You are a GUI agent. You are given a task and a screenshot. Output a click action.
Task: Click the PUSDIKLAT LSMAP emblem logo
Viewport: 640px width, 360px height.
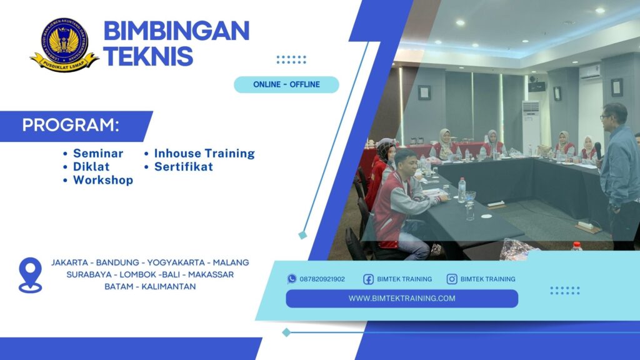[64, 44]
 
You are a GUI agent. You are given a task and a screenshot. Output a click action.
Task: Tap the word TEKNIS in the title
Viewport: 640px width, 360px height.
[148, 56]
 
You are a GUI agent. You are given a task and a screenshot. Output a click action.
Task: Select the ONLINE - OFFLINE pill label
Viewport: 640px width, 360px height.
[286, 84]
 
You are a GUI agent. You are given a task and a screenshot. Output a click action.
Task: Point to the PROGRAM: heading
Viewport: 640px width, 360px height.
[71, 125]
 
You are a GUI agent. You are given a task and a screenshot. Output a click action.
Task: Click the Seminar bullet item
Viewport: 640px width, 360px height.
[98, 153]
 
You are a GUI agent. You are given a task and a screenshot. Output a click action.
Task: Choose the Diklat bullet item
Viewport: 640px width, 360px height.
[91, 167]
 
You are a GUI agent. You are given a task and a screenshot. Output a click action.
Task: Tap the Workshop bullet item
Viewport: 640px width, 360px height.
[102, 181]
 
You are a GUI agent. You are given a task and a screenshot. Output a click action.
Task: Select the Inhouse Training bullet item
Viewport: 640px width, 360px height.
[204, 153]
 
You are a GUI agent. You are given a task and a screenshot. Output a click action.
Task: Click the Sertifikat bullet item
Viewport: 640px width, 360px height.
[183, 167]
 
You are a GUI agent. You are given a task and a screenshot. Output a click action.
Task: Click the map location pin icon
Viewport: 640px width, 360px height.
[30, 275]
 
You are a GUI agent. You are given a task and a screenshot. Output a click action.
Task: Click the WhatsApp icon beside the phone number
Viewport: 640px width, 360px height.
[292, 279]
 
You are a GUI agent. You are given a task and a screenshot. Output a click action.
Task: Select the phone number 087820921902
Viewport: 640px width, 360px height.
[322, 279]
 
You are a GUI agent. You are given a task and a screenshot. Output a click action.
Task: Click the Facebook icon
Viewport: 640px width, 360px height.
[369, 279]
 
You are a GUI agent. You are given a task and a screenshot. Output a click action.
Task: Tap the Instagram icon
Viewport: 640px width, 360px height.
[452, 279]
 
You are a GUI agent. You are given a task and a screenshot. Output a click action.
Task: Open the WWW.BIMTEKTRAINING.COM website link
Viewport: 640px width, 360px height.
[402, 299]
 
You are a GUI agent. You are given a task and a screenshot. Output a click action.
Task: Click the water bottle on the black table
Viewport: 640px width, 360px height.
[462, 190]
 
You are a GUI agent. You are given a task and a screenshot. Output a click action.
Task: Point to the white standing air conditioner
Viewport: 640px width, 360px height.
[531, 126]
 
